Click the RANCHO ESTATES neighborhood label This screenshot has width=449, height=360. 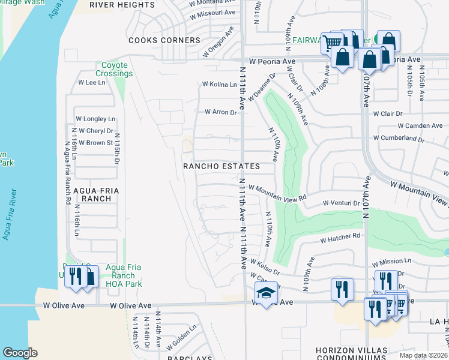click(221, 166)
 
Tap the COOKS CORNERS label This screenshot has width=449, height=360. click(164, 40)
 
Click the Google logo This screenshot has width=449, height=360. click(20, 352)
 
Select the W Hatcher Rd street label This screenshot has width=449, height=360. click(339, 239)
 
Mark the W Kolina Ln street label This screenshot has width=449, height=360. click(219, 85)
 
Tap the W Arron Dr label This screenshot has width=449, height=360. click(221, 112)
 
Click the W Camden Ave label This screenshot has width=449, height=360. click(420, 125)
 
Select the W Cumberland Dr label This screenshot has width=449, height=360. click(399, 138)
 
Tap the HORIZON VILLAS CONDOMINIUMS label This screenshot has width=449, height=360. click(352, 353)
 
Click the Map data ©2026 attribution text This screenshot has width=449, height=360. click(424, 355)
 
